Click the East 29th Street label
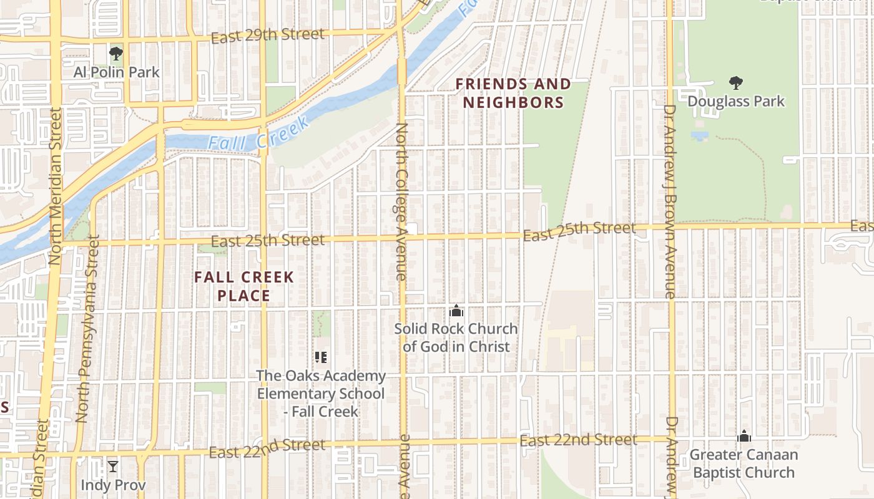point(267,36)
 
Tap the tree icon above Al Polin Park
point(115,54)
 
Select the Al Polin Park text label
point(117,72)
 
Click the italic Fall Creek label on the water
point(258,135)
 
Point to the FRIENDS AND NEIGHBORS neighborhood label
point(513,93)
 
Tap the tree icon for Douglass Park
point(736,82)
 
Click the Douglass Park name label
point(736,101)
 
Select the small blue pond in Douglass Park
point(700,135)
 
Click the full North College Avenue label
point(401,201)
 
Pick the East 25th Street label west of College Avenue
point(267,241)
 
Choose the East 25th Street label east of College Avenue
point(579,231)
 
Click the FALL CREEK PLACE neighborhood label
point(244,286)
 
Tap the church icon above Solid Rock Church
point(456,311)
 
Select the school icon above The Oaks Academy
point(321,357)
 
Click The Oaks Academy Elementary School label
point(321,394)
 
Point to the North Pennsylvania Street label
point(87,328)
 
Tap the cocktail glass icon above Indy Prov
point(113,467)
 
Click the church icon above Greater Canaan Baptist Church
point(744,436)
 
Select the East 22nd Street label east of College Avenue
point(578,441)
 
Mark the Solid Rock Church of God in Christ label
point(456,337)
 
